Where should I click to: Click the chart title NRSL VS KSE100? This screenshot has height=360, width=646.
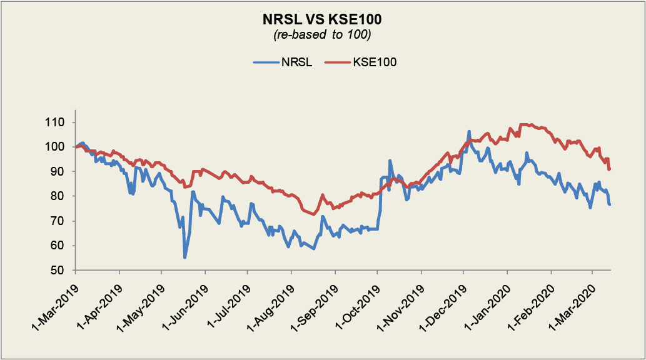click(x=323, y=21)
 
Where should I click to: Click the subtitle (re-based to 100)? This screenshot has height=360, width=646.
click(x=323, y=35)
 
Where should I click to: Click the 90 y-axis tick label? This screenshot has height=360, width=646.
click(x=61, y=171)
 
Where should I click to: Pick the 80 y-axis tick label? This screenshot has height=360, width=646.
click(x=61, y=196)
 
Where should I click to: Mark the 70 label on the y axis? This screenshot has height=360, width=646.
click(x=61, y=221)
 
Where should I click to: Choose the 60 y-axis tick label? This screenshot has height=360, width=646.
click(x=61, y=246)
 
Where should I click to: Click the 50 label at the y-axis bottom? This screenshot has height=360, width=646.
click(x=61, y=270)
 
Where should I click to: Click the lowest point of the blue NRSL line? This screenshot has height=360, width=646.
click(x=184, y=257)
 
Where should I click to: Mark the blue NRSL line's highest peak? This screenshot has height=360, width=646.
click(x=469, y=132)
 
